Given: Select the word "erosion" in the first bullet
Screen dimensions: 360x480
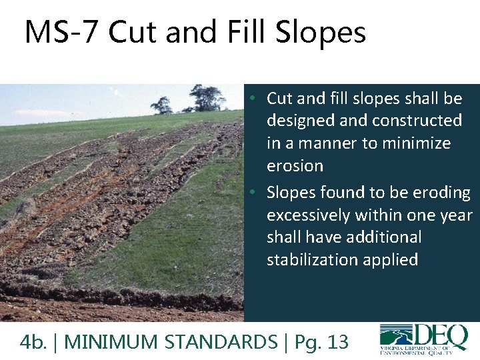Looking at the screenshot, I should coord(295,166).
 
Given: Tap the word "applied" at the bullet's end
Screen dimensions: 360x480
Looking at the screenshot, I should coord(393,259).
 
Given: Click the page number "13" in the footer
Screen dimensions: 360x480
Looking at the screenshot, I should coord(338,342).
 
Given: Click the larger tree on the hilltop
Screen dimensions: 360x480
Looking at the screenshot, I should coord(207,97).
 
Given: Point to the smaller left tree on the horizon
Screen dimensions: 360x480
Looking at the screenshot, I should coord(161,104).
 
